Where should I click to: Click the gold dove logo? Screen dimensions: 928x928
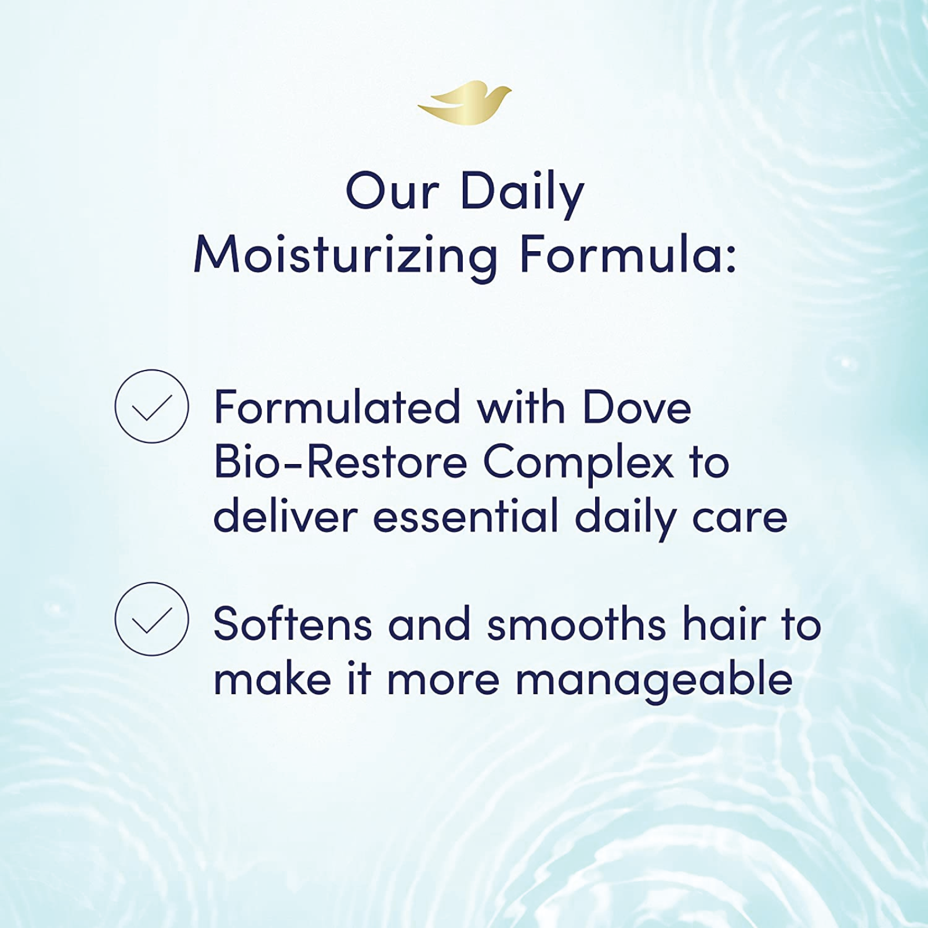pos(464,103)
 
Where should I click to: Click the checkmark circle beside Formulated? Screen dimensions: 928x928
pos(152,407)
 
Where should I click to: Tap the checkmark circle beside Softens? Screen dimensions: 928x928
pos(152,619)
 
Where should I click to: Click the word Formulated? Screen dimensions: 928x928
pos(337,407)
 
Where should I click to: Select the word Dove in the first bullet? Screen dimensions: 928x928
pos(637,407)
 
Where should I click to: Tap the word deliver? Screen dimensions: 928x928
pos(285,516)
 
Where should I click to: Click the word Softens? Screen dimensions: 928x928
pos(293,624)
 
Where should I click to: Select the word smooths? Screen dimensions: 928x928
pos(576,624)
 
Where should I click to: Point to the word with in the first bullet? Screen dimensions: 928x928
pos(521,407)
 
